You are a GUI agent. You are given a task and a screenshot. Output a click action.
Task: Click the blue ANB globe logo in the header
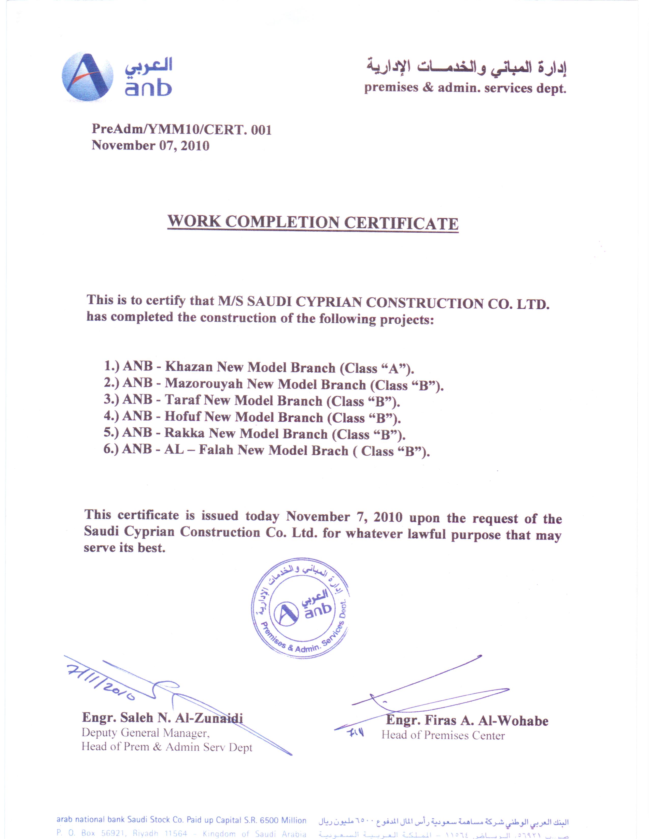(87, 77)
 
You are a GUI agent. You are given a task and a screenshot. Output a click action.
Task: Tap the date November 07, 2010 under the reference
(150, 146)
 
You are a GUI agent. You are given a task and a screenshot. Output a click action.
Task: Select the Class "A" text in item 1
(377, 368)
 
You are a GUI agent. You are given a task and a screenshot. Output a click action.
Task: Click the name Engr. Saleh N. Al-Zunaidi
(162, 718)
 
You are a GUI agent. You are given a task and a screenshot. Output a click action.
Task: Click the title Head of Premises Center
(443, 735)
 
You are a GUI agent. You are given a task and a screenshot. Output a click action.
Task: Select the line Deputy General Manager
(145, 733)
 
